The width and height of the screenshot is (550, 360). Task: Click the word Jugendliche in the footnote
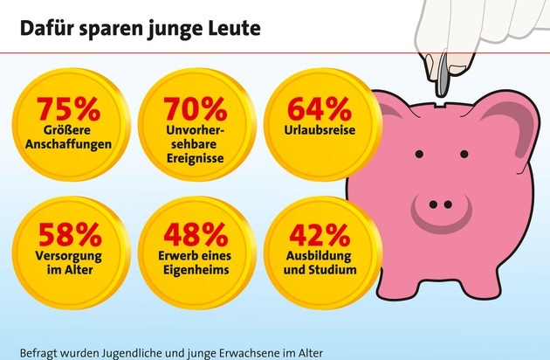point(127,352)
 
